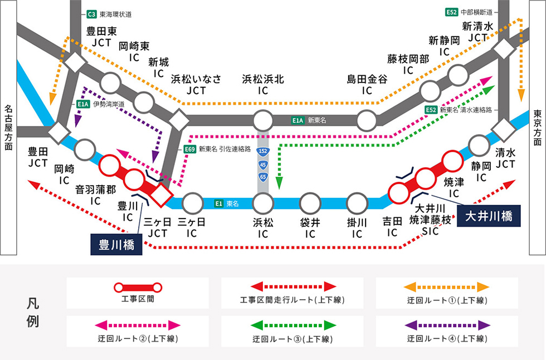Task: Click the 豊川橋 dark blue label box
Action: click(116, 245)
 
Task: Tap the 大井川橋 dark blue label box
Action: click(489, 215)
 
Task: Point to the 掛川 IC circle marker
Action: click(357, 202)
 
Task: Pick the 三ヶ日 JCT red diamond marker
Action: click(160, 195)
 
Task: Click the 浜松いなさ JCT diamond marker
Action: click(179, 119)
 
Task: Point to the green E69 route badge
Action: click(189, 149)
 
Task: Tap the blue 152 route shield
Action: click(262, 152)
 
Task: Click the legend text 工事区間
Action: click(137, 300)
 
